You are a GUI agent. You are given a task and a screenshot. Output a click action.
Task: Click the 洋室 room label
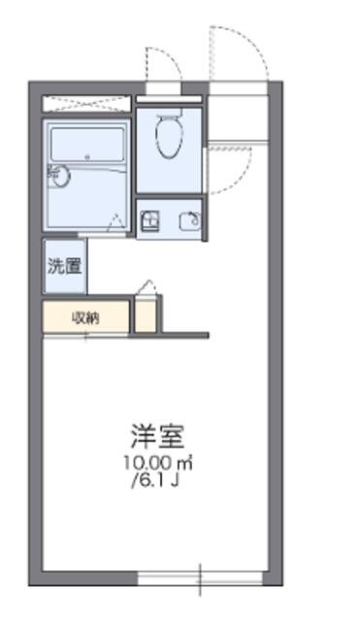(x=157, y=436)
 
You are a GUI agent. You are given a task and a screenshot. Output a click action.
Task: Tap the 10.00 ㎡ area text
(x=158, y=463)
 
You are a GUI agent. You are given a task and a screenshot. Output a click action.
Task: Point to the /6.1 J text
(x=156, y=480)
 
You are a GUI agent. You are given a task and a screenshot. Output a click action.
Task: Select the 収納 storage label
(x=85, y=317)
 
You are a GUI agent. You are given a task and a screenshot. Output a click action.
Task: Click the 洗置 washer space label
(x=65, y=266)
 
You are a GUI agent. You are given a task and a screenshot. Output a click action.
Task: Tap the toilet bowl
(x=170, y=136)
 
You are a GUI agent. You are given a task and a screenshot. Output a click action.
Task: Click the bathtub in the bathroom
(x=88, y=145)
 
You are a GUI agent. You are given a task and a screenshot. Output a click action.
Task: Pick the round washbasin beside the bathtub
(x=61, y=175)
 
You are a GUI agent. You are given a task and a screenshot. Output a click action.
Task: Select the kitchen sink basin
(x=189, y=221)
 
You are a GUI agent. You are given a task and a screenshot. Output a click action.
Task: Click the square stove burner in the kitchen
(x=150, y=221)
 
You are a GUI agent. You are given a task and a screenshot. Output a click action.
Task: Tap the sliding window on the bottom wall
(x=200, y=578)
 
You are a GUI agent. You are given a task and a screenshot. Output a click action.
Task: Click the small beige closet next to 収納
(x=146, y=317)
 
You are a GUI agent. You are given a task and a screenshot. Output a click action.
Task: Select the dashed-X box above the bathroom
(x=86, y=104)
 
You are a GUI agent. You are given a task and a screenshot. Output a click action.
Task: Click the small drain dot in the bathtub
(x=87, y=157)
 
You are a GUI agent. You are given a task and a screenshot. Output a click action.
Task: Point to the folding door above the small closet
(x=146, y=287)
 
